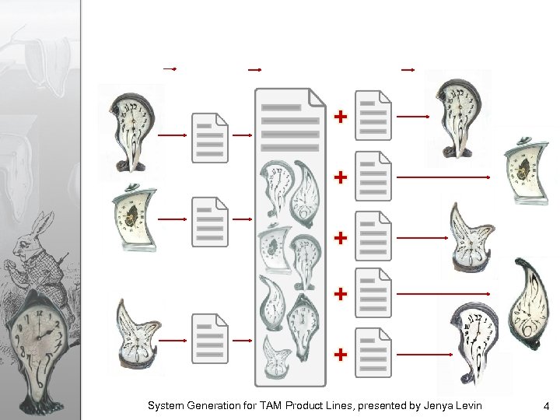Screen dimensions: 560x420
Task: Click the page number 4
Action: click(546, 406)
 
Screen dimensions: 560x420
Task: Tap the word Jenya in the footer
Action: click(435, 407)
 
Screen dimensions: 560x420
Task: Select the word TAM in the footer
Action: click(271, 406)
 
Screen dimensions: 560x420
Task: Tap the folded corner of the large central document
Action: click(317, 98)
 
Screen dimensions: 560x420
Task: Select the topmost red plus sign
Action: click(341, 117)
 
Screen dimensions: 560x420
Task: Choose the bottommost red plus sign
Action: click(341, 355)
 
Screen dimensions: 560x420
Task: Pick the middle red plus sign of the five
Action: click(341, 237)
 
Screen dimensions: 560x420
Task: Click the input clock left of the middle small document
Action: click(135, 218)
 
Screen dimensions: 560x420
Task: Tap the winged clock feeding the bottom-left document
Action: click(138, 334)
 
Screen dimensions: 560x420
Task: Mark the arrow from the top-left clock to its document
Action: click(172, 135)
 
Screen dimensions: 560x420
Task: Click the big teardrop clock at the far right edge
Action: click(530, 303)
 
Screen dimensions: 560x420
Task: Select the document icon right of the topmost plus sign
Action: click(373, 115)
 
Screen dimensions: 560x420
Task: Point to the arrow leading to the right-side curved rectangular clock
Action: click(443, 177)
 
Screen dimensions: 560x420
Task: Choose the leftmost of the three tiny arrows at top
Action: click(170, 69)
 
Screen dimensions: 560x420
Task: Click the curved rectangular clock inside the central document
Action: click(275, 248)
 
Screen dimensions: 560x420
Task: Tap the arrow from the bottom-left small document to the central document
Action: click(242, 341)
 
